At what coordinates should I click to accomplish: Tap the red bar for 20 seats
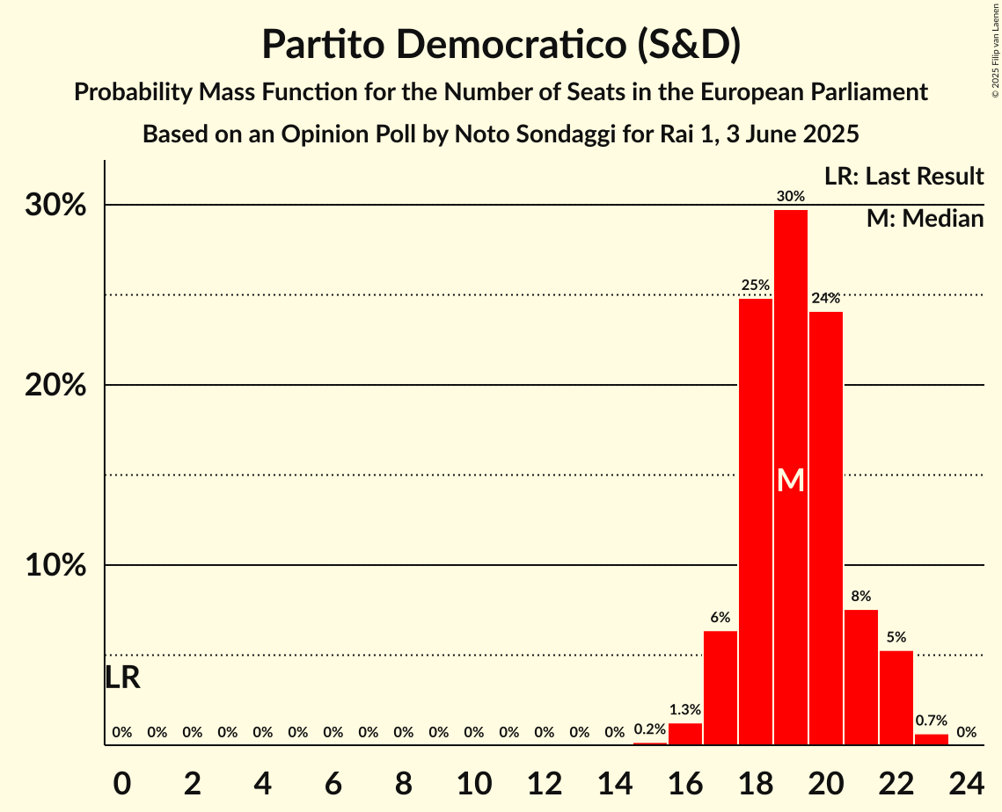tap(826, 527)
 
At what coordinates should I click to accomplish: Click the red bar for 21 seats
tap(861, 678)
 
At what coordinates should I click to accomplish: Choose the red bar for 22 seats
tap(896, 698)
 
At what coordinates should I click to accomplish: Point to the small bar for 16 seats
tap(685, 734)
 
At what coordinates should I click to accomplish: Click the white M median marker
tap(791, 480)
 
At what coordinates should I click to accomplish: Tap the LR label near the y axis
tap(122, 678)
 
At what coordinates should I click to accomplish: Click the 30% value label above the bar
tap(791, 196)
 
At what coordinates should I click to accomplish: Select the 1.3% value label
tap(685, 709)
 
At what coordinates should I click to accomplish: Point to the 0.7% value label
tap(932, 720)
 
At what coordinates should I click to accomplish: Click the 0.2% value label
tap(650, 729)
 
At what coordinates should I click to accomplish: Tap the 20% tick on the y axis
tap(55, 385)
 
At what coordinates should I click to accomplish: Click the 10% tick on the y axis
tap(55, 565)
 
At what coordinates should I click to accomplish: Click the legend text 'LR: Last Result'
tap(903, 177)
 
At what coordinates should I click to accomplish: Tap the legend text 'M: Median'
tap(925, 218)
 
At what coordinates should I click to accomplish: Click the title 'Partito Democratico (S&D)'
tap(501, 45)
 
